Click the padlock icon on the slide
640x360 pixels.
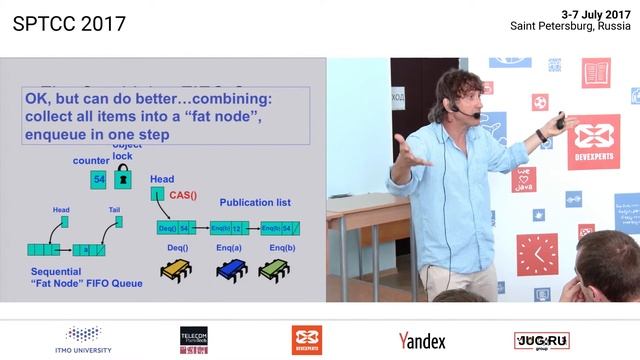click(x=123, y=178)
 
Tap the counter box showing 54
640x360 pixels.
click(x=98, y=179)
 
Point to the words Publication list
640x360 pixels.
click(x=255, y=202)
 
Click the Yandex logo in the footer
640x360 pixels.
click(x=422, y=341)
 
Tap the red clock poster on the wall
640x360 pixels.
click(x=537, y=254)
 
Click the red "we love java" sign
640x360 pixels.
click(x=524, y=179)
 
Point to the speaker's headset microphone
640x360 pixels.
click(x=455, y=109)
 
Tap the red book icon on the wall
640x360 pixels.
click(x=596, y=72)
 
